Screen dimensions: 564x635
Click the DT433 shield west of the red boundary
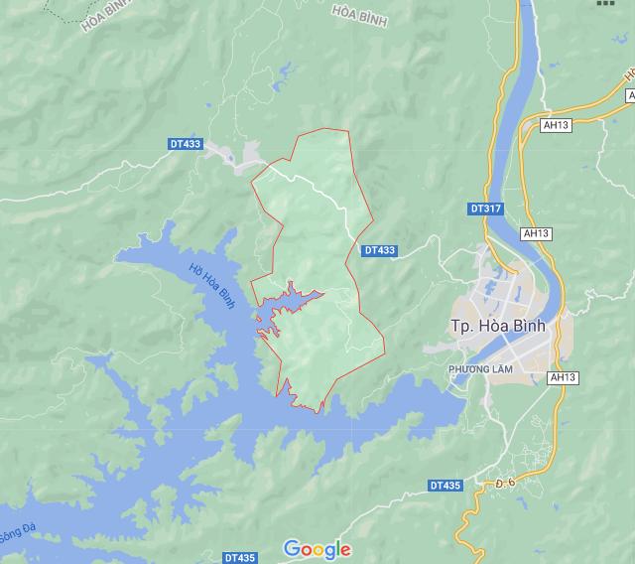[x=185, y=144]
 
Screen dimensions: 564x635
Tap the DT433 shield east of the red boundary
[x=379, y=251]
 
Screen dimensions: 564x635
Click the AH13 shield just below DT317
[x=535, y=233]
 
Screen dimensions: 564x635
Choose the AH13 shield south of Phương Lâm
[x=562, y=378]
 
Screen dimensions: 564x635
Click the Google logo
[x=317, y=549]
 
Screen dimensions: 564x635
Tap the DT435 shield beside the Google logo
[x=240, y=557]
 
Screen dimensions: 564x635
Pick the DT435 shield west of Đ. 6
[x=445, y=485]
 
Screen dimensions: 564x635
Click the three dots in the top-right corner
[x=606, y=3]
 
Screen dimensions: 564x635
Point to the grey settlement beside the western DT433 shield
[x=239, y=155]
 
